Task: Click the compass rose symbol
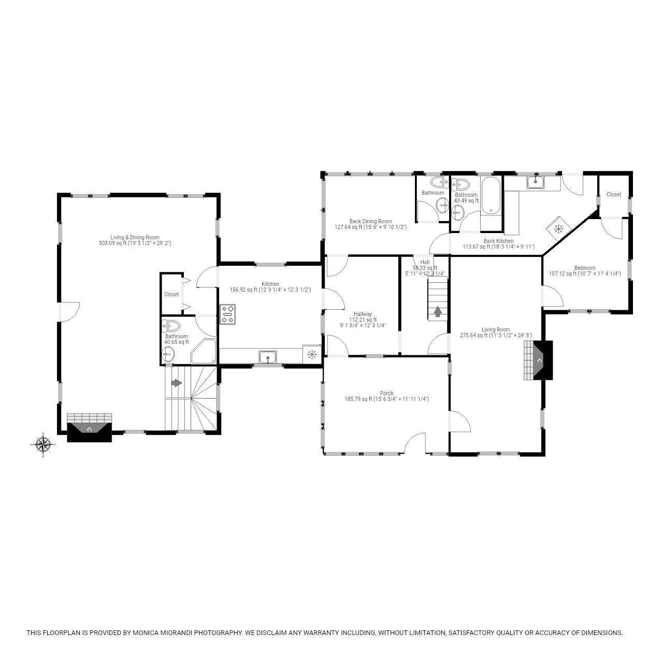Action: coord(43,444)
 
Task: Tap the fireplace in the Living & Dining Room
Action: coord(90,428)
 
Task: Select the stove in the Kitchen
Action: coord(228,314)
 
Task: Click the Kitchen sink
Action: coord(268,356)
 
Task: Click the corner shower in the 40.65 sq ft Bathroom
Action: coord(204,353)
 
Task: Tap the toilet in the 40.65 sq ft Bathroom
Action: coord(171,326)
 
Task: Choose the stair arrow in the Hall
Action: coord(438,311)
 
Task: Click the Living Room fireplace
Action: coord(538,361)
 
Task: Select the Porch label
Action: coord(386,393)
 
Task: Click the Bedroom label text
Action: coord(585,268)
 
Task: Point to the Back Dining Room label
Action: coord(370,221)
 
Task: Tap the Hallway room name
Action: coord(363,314)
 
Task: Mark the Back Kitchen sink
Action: coord(535,182)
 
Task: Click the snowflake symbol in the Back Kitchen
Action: coord(559,228)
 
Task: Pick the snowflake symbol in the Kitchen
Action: coord(312,354)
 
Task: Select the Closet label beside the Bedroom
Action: coord(614,194)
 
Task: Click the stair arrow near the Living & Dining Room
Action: coord(176,383)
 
